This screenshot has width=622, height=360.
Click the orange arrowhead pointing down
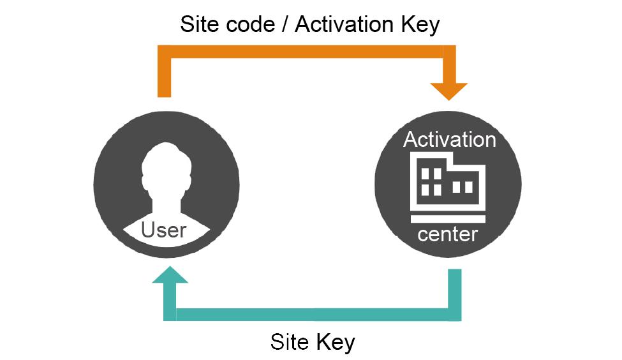tap(449, 90)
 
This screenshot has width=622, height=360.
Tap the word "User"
tap(164, 229)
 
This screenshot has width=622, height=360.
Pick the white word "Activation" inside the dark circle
tap(449, 139)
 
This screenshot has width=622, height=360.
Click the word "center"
tap(448, 234)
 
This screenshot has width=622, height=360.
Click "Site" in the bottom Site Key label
tap(290, 341)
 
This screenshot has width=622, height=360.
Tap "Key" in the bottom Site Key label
tap(334, 341)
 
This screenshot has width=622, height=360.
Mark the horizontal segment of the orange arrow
tap(306, 52)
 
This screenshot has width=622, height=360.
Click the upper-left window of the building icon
tap(424, 173)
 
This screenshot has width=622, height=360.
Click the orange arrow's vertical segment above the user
tap(165, 77)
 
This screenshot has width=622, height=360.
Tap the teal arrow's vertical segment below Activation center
tap(454, 290)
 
